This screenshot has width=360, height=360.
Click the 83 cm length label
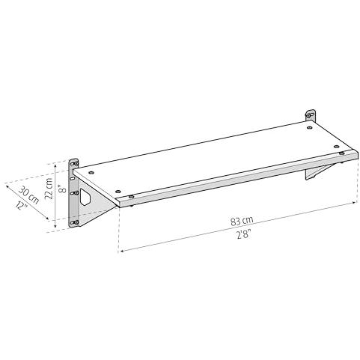click(x=242, y=221)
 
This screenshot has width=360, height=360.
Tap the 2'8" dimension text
click(x=243, y=234)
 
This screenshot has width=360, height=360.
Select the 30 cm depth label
click(x=29, y=195)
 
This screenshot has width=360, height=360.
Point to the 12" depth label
click(x=22, y=206)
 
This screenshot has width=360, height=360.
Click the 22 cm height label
click(x=49, y=189)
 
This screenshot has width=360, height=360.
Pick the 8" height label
click(x=62, y=189)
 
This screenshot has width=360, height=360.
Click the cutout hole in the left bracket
click(x=85, y=197)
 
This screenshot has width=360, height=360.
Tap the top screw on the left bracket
click(x=74, y=163)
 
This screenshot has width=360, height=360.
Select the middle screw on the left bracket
click(x=74, y=193)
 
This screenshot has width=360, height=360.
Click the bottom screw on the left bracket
click(x=74, y=222)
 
